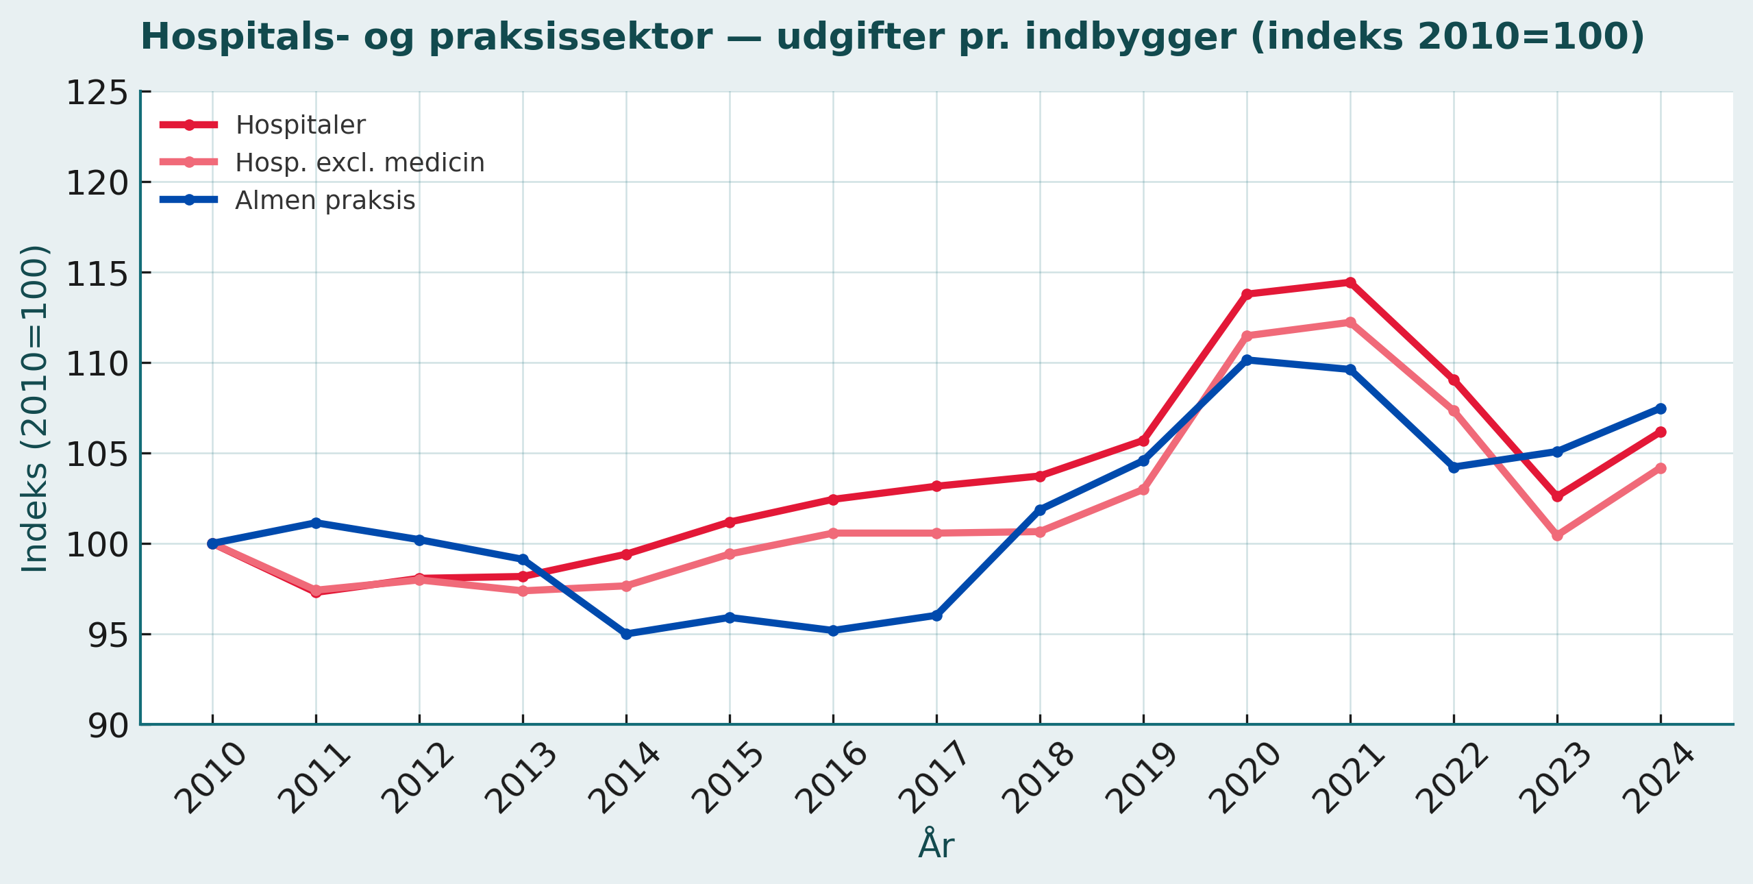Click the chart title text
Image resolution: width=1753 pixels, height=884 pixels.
coord(892,37)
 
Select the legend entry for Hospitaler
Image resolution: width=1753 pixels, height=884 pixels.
coord(300,125)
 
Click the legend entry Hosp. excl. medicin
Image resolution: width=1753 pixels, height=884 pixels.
coord(360,162)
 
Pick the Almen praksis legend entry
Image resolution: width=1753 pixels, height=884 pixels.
coord(325,200)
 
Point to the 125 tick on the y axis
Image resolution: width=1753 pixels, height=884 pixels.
coord(97,93)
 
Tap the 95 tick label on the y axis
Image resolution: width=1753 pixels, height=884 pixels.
coord(108,635)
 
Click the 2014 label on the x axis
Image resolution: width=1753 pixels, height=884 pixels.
coord(624,778)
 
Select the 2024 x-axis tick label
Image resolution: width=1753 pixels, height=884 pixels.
coord(1658,778)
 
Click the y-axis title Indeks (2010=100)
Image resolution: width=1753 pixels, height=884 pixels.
coord(34,408)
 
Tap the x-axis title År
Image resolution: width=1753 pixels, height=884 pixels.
coord(936,844)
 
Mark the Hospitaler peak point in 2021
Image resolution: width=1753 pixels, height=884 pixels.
coord(1350,282)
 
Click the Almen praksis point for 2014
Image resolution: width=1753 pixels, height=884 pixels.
coord(626,634)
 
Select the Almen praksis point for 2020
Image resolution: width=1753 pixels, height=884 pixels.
coord(1247,360)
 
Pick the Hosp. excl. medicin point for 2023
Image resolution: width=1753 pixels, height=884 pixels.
coord(1557,535)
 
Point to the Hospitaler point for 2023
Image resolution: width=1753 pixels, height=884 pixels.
coord(1557,496)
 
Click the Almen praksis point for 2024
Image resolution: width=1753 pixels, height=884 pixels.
coord(1661,408)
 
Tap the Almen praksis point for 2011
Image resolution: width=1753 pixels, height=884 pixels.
coord(316,523)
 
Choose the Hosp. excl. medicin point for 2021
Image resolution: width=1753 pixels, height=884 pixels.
coord(1350,322)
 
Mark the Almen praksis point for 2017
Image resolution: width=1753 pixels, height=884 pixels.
coord(936,615)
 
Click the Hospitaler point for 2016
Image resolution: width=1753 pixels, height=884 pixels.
coord(833,500)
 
